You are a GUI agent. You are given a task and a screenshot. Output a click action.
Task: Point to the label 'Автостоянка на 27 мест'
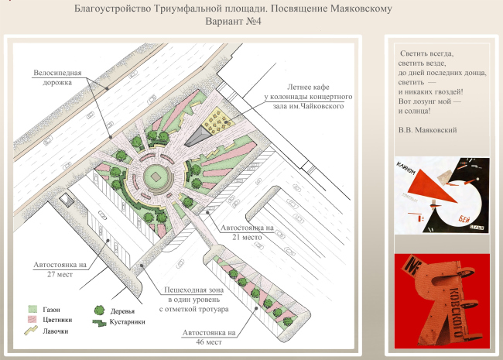point(60,269)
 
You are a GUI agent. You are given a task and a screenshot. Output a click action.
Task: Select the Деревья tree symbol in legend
point(99,311)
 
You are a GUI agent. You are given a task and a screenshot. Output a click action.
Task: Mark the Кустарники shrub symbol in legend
point(98,322)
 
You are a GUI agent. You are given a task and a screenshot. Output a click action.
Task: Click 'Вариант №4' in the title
point(234,23)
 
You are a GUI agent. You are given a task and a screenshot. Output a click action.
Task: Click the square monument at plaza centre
point(156,177)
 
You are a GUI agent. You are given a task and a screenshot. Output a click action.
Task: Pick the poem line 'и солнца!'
point(416,111)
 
